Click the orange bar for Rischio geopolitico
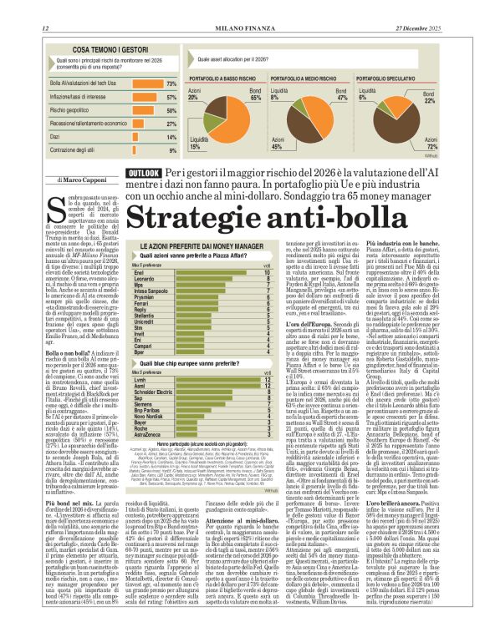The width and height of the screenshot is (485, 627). coord(139,110)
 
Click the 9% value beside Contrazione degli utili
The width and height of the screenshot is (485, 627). coord(173,150)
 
